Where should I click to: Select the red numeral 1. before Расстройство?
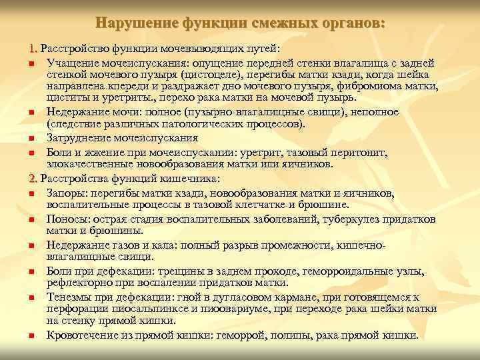click(x=33, y=49)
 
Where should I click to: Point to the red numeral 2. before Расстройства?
click(x=33, y=179)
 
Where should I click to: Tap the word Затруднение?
click(x=78, y=138)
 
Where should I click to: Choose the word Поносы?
click(x=65, y=219)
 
